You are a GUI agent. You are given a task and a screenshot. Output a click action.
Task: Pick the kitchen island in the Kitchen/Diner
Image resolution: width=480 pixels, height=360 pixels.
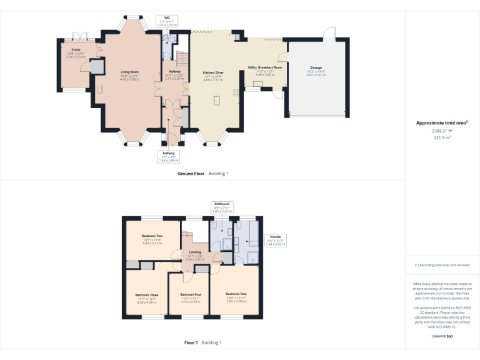(217, 101)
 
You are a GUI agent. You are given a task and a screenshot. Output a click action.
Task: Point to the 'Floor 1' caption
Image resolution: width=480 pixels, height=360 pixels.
(191, 342)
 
